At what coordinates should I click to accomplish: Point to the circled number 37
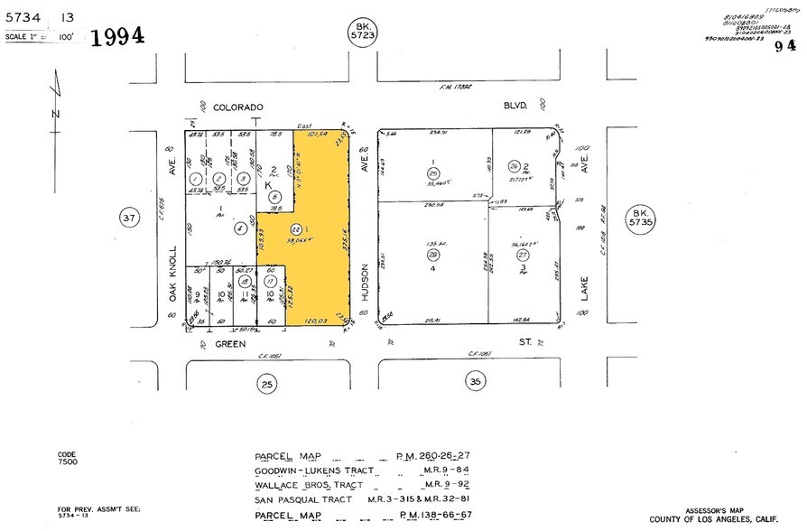[x=130, y=218]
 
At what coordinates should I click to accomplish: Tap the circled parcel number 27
[x=522, y=256]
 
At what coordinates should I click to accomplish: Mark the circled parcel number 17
[x=270, y=282]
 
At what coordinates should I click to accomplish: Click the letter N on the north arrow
[x=55, y=114]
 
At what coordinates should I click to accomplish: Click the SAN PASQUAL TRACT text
[x=297, y=498]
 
